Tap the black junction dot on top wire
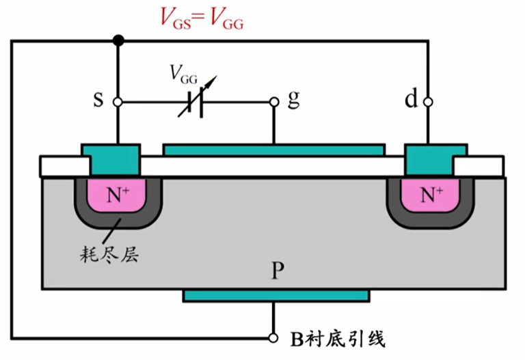click(x=118, y=41)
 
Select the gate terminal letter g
click(x=293, y=99)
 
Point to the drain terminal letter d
click(x=411, y=100)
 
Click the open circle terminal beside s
click(x=118, y=102)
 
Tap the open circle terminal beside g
click(x=273, y=102)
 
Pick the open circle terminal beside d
click(x=428, y=102)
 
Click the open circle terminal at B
click(x=273, y=337)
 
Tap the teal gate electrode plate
click(x=273, y=150)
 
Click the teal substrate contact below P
click(x=275, y=295)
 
